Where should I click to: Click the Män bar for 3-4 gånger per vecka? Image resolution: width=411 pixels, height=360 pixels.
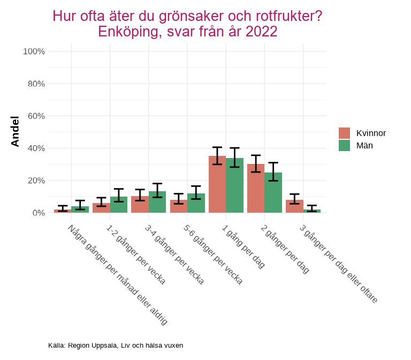click(x=157, y=202)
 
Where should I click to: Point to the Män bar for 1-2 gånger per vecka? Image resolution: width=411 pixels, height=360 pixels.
click(x=119, y=205)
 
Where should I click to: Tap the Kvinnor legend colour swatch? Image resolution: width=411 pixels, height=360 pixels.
click(x=344, y=133)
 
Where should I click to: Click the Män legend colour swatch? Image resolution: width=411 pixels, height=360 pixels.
click(x=344, y=145)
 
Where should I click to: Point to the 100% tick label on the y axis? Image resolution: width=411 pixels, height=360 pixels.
click(x=34, y=51)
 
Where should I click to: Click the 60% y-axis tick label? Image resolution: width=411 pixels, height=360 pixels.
click(x=36, y=116)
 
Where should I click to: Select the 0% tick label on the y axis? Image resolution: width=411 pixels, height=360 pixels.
click(x=38, y=213)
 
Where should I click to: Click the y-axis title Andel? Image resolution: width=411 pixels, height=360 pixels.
click(x=15, y=131)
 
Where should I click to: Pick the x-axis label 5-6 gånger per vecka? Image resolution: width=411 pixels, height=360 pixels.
click(x=213, y=254)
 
